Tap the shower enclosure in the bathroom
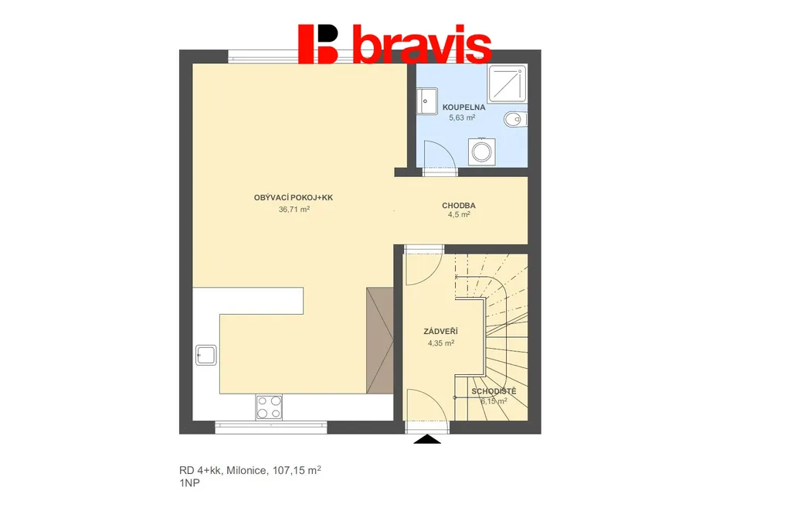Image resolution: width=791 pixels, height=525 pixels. tap(508, 84)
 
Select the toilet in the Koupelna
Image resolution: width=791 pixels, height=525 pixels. tap(515, 119)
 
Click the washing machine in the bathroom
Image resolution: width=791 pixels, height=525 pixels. tap(481, 152)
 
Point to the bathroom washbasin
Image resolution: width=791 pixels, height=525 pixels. tap(426, 101)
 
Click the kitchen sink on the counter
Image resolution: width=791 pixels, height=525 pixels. tap(205, 355)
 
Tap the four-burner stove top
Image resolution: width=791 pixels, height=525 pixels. tap(269, 407)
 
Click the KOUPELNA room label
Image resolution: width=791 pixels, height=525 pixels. tap(463, 107)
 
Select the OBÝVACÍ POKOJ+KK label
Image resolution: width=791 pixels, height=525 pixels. tap(293, 197)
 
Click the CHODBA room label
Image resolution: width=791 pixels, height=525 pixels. tap(459, 206)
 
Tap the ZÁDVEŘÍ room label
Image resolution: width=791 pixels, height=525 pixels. tap(440, 332)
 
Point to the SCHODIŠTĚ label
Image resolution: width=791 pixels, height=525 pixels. tap(494, 391)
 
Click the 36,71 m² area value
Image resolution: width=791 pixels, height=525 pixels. tap(294, 209)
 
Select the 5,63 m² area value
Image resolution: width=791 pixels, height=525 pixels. tap(462, 118)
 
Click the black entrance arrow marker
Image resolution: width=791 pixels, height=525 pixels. tap(427, 439)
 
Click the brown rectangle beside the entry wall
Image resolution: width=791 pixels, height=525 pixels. tap(380, 341)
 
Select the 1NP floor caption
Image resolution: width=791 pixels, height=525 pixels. tap(189, 483)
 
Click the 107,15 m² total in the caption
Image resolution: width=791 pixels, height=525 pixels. tap(297, 470)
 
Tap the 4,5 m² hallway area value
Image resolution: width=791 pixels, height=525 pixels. tap(459, 214)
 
